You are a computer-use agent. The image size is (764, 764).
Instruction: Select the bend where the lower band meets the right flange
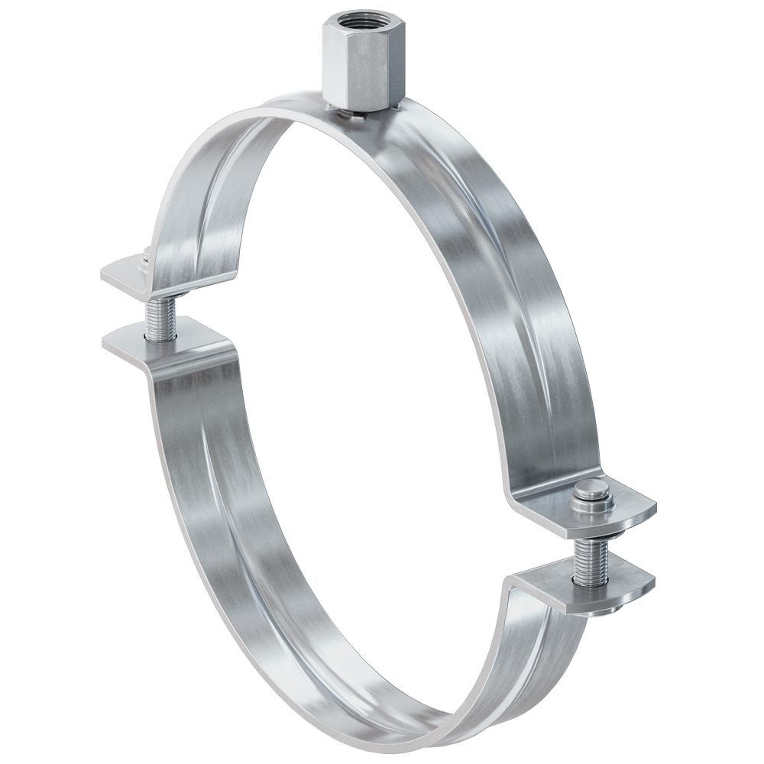[x=516, y=588]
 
